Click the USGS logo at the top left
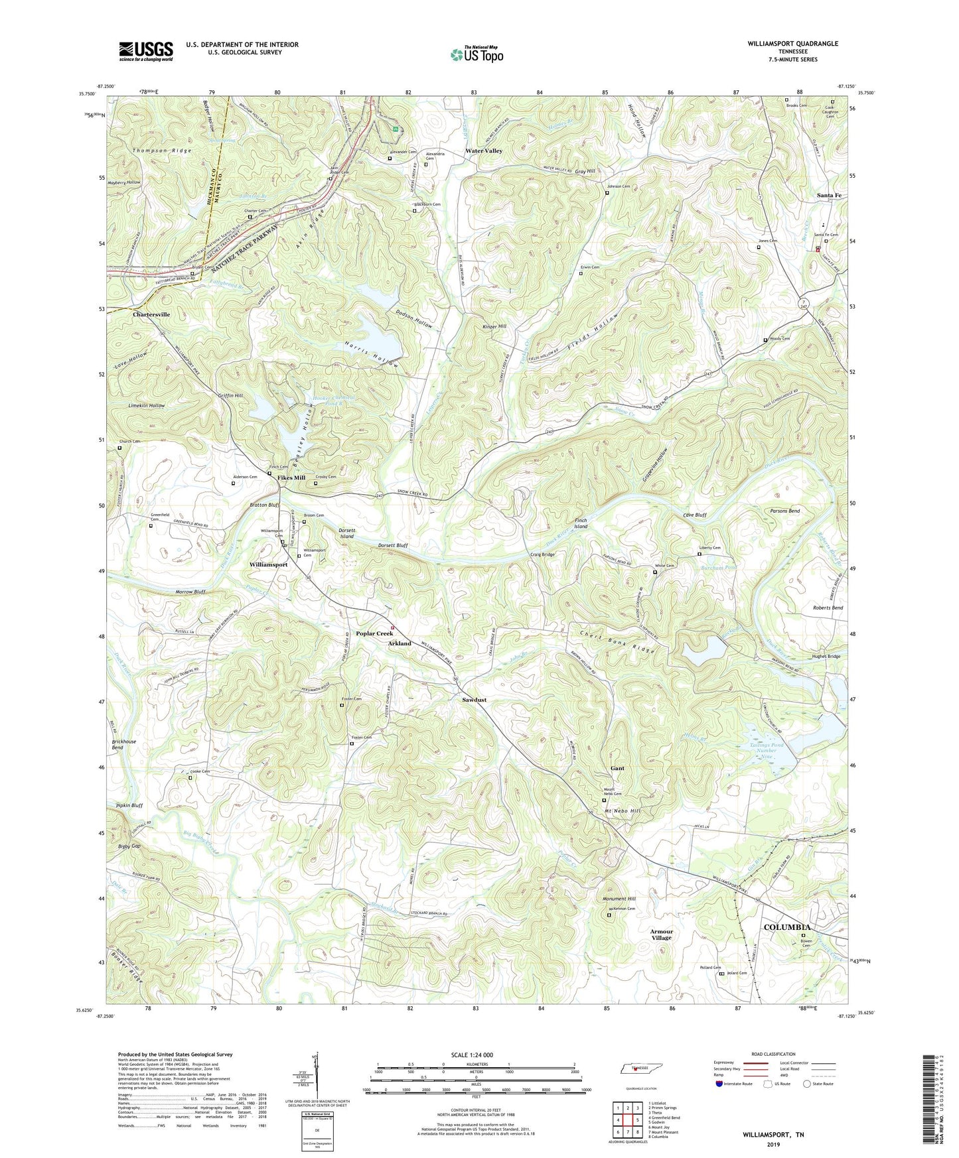coord(146,51)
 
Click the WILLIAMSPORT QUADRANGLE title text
coord(792,44)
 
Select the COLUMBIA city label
coord(786,927)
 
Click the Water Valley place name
coord(484,151)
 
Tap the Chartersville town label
coord(151,314)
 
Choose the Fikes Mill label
coord(291,478)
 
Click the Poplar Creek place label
coord(374,633)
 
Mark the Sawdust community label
coord(475,700)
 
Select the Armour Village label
coord(661,934)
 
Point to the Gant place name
coord(617,768)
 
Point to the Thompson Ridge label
coord(162,151)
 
